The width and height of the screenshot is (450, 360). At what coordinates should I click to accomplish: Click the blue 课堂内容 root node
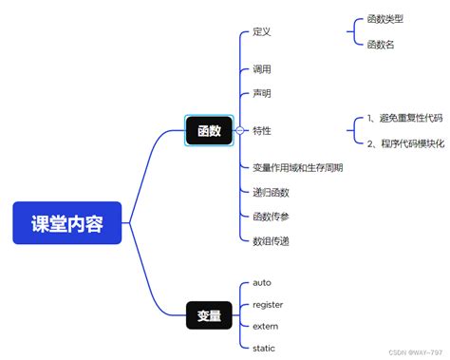[67, 223]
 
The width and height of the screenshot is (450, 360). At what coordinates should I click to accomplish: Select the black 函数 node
[209, 131]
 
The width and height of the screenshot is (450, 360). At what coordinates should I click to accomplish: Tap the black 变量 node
[209, 314]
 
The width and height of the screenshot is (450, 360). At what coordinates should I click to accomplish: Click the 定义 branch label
[262, 32]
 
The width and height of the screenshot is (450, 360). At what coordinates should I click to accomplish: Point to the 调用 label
[262, 69]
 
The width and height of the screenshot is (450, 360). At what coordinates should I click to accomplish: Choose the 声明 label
[262, 93]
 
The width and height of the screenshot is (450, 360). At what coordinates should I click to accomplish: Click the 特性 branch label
[262, 130]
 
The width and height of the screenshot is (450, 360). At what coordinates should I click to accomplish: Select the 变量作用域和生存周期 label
[297, 167]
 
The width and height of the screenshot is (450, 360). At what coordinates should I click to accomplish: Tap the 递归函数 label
[271, 192]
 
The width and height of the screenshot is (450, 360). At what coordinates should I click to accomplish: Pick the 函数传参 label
[271, 217]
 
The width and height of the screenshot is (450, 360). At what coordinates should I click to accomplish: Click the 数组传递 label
[271, 241]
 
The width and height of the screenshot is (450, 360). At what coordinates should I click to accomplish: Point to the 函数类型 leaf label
[385, 18]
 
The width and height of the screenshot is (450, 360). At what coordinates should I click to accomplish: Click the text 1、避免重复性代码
[403, 118]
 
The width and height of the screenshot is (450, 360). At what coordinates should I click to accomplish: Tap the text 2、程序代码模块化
[403, 142]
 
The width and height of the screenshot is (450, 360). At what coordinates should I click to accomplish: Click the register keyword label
[268, 304]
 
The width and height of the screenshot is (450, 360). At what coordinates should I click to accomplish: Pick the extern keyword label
[266, 326]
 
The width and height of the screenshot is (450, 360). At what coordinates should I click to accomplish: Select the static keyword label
[264, 348]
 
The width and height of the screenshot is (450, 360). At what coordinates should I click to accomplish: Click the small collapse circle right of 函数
[239, 131]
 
